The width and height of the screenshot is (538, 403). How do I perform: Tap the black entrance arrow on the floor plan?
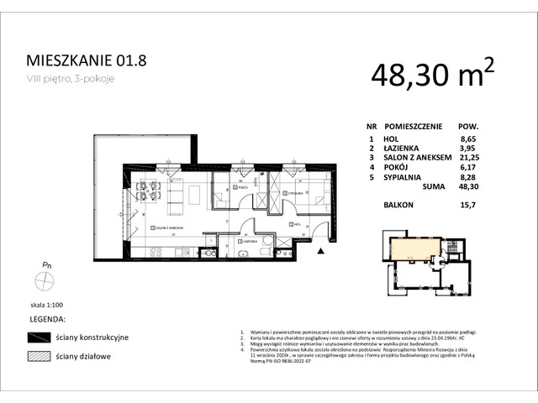coord(321,249)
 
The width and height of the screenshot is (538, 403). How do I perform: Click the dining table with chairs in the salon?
coord(149,191)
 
